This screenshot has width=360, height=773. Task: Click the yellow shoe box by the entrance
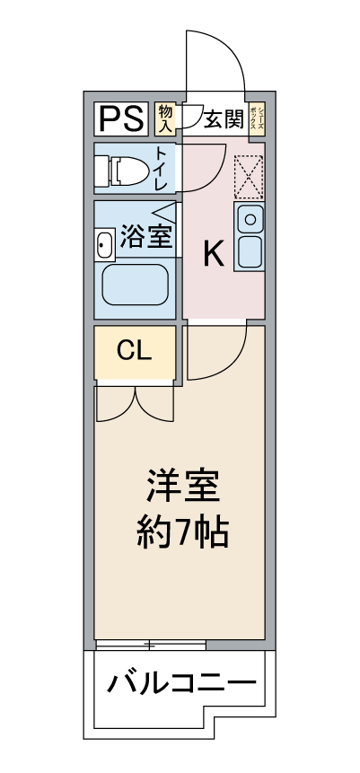(x=255, y=119)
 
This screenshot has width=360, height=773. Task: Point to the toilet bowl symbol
(x=124, y=169)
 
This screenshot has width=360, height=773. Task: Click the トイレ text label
(x=162, y=168)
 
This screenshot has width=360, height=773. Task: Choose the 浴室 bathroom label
(x=146, y=238)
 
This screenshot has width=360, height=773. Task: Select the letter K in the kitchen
(x=212, y=255)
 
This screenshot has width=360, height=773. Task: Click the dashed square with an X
(x=248, y=175)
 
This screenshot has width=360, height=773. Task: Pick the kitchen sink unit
(x=249, y=236)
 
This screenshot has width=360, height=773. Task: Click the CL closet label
(x=135, y=351)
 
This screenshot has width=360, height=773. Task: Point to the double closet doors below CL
(x=135, y=401)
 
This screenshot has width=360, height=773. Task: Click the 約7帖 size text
(x=182, y=535)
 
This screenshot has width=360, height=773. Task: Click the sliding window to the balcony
(x=151, y=645)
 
